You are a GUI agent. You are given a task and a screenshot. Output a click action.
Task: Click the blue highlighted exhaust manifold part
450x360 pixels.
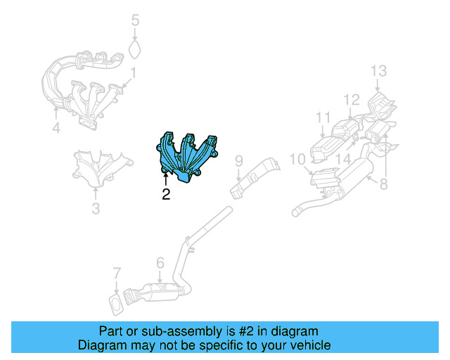(x=186, y=157)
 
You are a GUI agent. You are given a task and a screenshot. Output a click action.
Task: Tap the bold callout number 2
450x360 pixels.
(x=166, y=194)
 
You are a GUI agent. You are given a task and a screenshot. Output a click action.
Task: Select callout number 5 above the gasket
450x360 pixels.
(x=136, y=20)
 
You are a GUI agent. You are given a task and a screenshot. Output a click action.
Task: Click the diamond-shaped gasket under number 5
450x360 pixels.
(x=134, y=49)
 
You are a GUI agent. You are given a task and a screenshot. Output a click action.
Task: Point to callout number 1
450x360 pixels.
(x=133, y=73)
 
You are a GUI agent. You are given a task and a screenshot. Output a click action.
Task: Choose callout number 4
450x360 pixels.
(x=56, y=127)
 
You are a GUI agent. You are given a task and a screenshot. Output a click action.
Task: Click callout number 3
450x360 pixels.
(x=96, y=208)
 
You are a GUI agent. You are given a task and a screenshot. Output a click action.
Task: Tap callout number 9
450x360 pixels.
(x=239, y=161)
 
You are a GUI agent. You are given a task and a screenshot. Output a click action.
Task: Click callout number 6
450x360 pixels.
(x=160, y=263)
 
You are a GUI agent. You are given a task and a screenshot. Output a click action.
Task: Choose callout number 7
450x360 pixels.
(x=117, y=274)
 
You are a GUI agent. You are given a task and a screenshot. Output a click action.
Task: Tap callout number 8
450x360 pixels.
(x=384, y=184)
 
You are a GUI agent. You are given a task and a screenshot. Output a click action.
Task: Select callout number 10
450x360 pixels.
(x=297, y=159)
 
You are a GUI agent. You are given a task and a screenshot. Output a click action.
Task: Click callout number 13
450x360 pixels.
(x=378, y=70)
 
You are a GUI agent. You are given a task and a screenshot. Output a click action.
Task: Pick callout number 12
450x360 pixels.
(x=352, y=99)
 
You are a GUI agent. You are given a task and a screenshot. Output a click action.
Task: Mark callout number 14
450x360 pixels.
(x=343, y=159)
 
